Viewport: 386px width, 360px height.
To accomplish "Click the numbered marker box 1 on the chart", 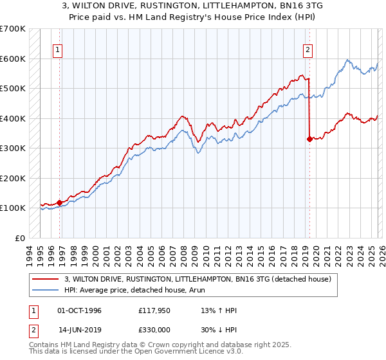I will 58,50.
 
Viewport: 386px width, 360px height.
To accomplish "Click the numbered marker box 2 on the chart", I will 308,50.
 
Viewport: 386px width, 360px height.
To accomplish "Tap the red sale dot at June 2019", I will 309,138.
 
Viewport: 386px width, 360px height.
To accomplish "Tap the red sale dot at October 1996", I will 60,203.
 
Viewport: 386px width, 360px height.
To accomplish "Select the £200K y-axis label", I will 12,178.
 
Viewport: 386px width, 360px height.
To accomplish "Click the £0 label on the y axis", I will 19,238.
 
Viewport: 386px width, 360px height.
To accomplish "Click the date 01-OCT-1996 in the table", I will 80,310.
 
